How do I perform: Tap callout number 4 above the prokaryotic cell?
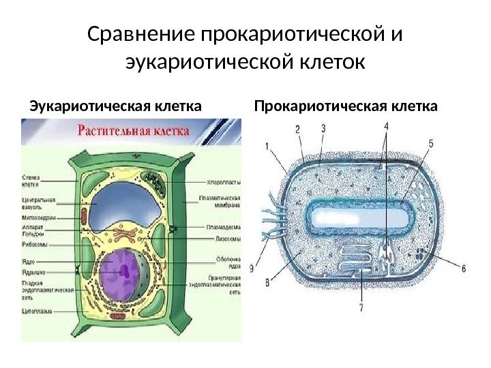[x=387, y=126]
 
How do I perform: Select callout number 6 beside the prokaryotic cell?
[x=464, y=269]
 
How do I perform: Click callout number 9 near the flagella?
[x=253, y=269]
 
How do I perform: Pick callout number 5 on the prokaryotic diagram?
[x=431, y=144]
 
